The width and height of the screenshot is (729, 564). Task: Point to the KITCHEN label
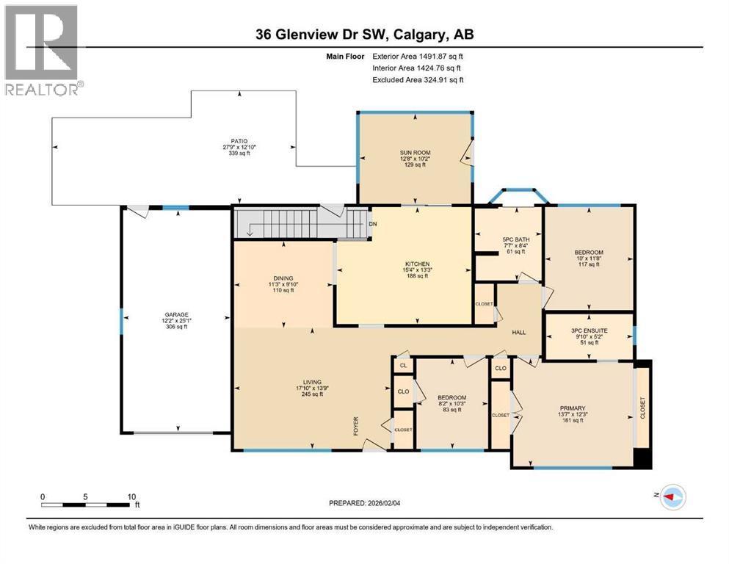(418, 264)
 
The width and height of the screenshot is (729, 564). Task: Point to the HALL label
(519, 333)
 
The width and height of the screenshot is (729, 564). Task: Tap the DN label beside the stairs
(372, 224)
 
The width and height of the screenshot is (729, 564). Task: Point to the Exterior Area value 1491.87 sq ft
(437, 56)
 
